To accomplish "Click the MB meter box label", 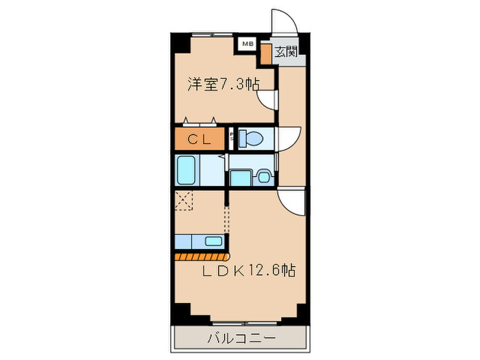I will (x=246, y=45).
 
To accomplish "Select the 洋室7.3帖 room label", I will (x=224, y=84).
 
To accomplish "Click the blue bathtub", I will (x=187, y=169).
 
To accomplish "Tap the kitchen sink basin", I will (x=214, y=241).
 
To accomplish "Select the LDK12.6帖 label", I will (x=248, y=270).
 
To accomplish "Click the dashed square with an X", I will (x=184, y=201).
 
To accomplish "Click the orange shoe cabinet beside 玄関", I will (x=265, y=55).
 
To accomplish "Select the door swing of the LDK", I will (x=291, y=201).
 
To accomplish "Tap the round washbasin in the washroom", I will (x=263, y=178).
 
